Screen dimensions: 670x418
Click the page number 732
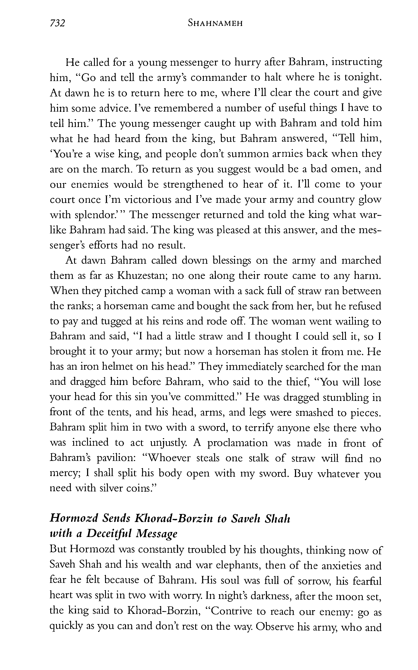(57, 23)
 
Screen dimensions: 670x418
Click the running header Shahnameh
(215, 23)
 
